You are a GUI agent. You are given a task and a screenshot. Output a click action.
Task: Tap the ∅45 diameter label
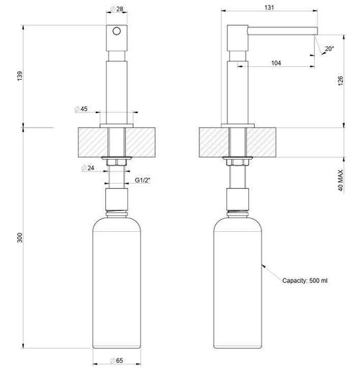point(81,110)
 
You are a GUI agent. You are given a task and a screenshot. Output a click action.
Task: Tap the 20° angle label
point(328,50)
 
